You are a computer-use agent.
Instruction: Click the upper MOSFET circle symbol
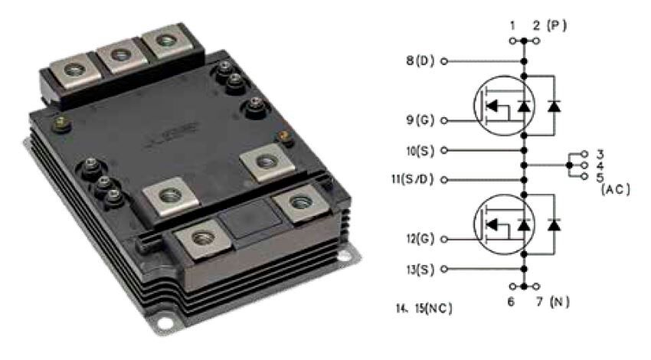(x=497, y=107)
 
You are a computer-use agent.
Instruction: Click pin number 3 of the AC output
(x=600, y=153)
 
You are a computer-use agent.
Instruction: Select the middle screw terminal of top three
(x=118, y=56)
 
